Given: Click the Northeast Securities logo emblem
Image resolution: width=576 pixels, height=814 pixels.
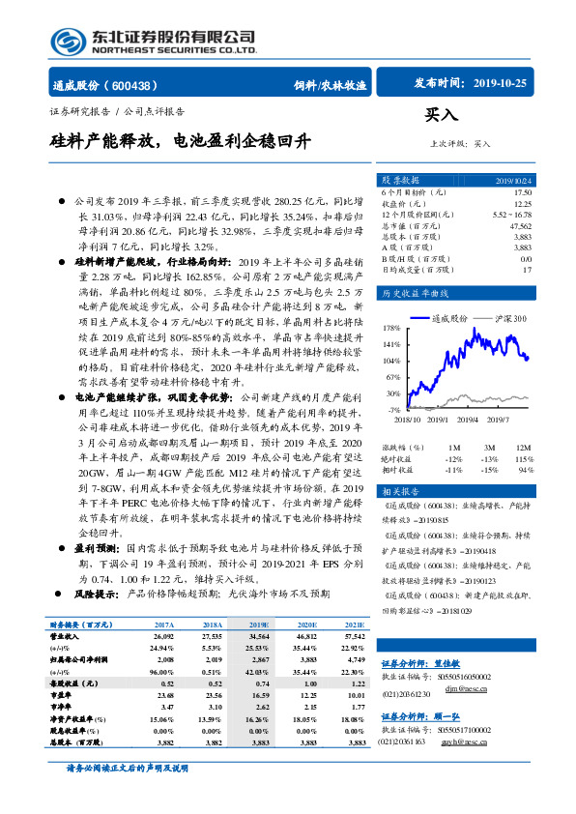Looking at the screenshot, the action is (67, 42).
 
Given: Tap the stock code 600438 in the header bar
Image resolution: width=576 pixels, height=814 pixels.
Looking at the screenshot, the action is (139, 85).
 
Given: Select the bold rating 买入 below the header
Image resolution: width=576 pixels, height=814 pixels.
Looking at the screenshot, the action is (442, 115).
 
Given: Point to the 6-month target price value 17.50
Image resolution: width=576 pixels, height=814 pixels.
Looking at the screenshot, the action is (521, 193).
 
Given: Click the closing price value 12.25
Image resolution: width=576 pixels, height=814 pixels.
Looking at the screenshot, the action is (521, 203).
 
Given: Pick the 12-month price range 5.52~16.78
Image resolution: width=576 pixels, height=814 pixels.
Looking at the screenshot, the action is (511, 213).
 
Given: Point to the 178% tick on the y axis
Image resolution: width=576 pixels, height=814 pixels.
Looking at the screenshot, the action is (389, 327).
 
